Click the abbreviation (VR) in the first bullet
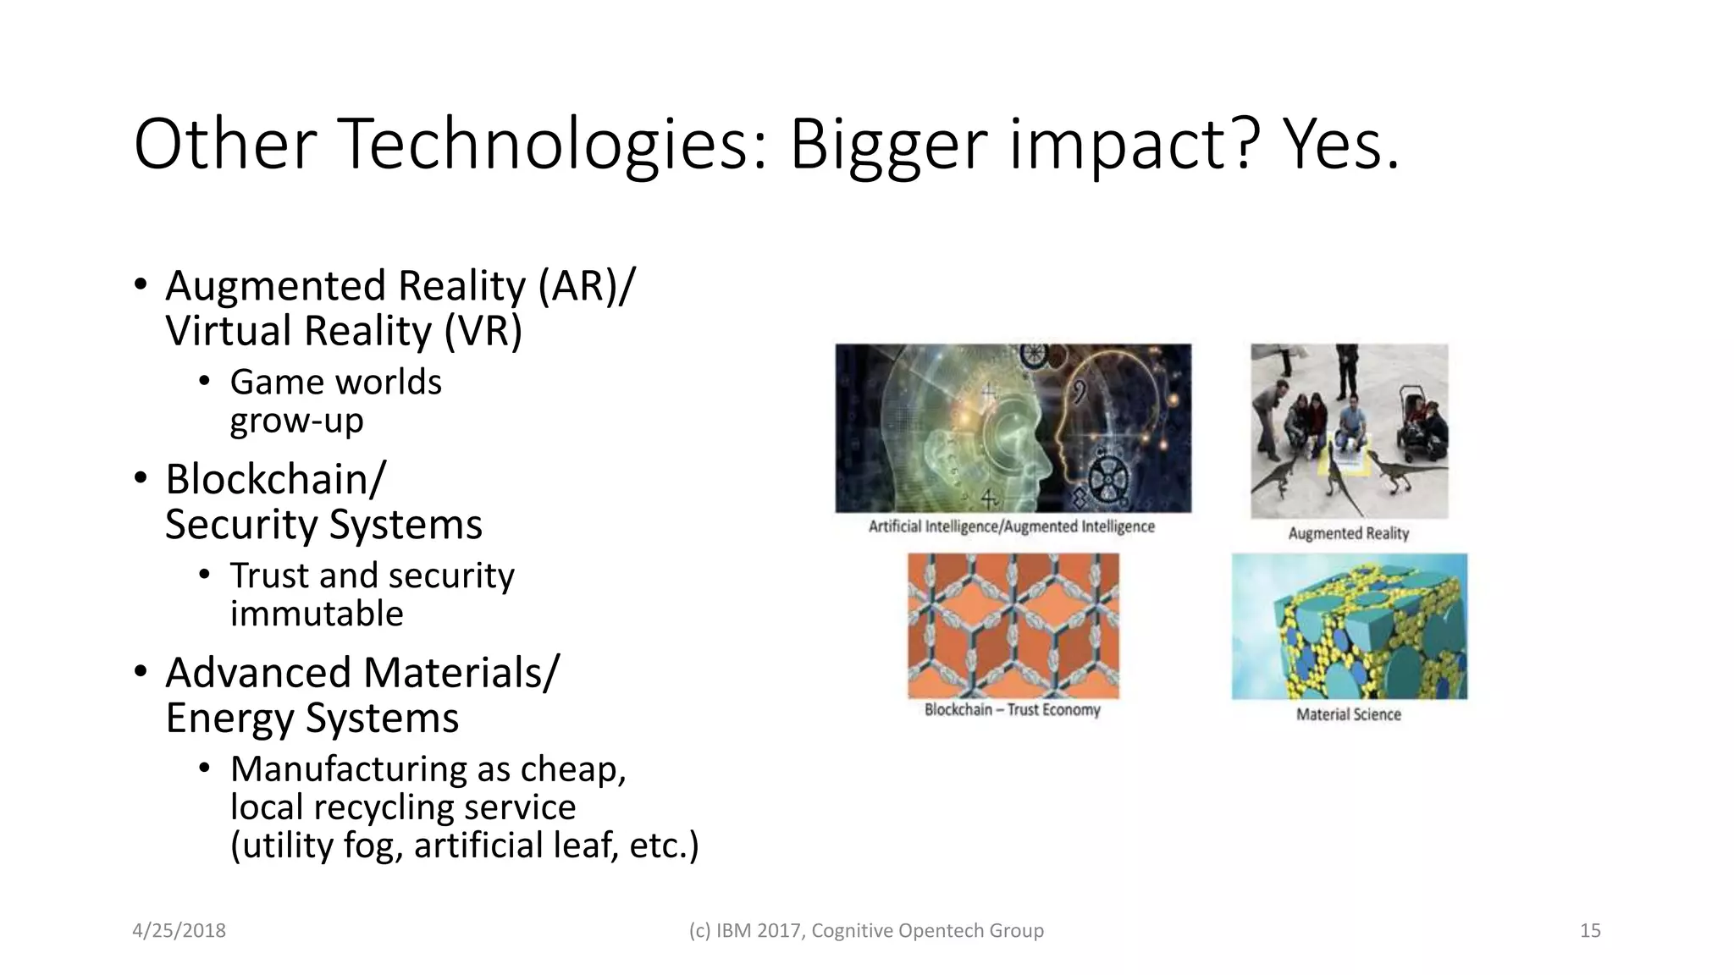[x=483, y=331]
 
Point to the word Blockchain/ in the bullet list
[x=276, y=480]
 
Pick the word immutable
[x=317, y=614]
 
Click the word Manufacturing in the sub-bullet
[x=346, y=769]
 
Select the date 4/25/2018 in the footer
[x=179, y=931]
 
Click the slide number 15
[x=1590, y=931]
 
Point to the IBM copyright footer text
[x=866, y=931]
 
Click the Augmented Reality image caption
[x=1349, y=533]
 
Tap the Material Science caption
[x=1349, y=714]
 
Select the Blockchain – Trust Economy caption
[x=1013, y=710]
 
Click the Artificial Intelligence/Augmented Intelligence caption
[x=1012, y=526]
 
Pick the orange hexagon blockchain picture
[x=1013, y=625]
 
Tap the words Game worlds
[x=335, y=383]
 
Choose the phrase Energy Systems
[x=312, y=719]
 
